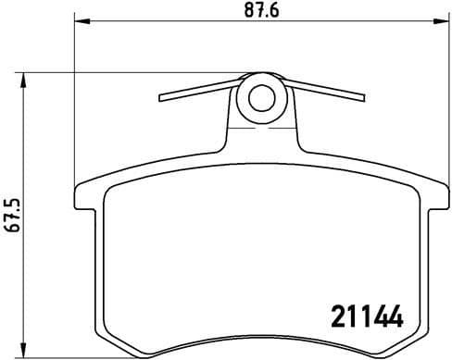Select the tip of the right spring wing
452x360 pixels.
pyautogui.click(x=363, y=93)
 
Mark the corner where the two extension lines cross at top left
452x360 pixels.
pyautogui.click(x=74, y=72)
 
